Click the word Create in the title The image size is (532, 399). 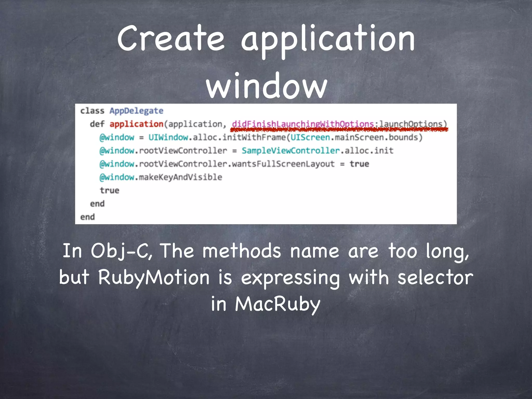[171, 39]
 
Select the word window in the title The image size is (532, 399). [267, 86]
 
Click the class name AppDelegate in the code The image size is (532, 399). [136, 111]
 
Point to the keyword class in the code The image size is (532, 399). [92, 111]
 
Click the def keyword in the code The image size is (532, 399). [97, 124]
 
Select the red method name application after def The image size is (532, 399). [136, 124]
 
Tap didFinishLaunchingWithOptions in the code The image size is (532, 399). [303, 124]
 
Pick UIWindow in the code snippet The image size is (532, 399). [168, 137]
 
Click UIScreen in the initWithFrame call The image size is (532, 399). [310, 137]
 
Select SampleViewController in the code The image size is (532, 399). [291, 151]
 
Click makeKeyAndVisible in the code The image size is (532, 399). [180, 177]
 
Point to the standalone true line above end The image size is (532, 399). [110, 190]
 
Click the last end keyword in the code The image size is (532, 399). [88, 217]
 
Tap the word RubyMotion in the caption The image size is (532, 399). [154, 277]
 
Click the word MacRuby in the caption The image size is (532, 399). [277, 304]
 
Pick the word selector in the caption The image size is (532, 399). [435, 277]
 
